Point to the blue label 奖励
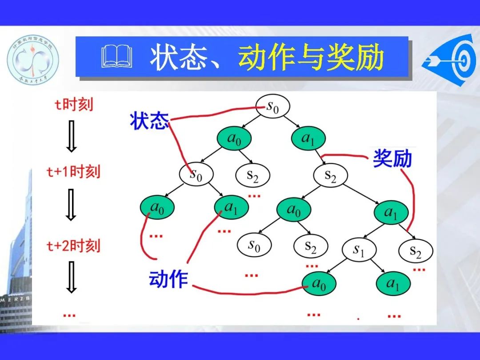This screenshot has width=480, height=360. coord(392,158)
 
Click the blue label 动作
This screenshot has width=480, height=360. coord(168,279)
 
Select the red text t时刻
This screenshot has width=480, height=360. coord(74,105)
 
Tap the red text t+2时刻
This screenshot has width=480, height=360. coord(74,245)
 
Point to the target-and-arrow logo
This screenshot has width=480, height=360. coord(449,58)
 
